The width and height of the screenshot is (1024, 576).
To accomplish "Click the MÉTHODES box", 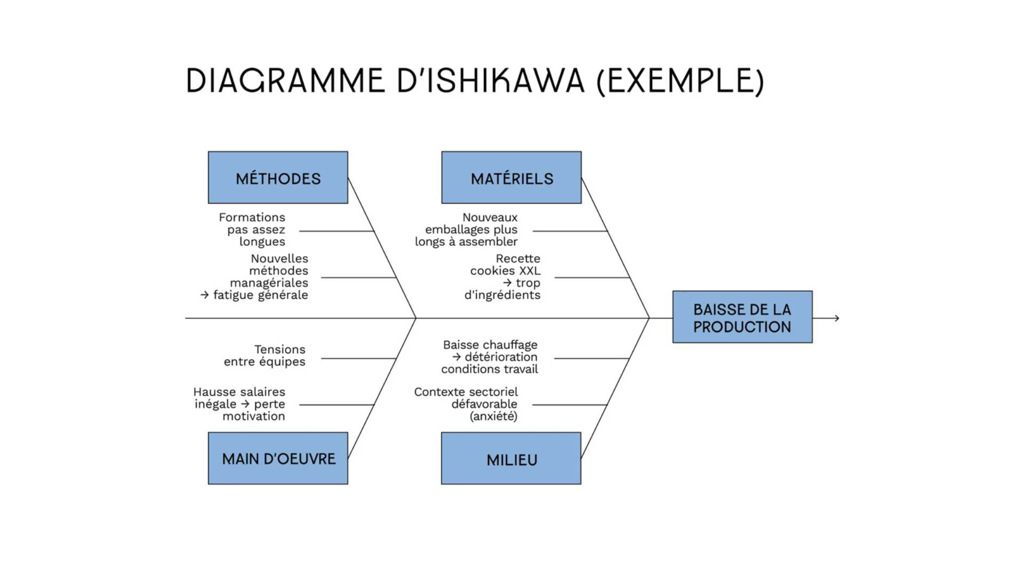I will [278, 178].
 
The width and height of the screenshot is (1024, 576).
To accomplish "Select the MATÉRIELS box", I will [511, 178].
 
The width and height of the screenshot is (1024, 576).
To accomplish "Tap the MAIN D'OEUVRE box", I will [278, 458].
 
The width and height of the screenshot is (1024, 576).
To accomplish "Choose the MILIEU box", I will [511, 458].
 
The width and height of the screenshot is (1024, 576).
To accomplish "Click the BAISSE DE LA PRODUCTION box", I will [742, 317].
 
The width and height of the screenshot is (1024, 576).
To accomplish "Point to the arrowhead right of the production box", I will [837, 318].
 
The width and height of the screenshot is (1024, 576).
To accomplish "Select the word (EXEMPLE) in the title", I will [680, 82].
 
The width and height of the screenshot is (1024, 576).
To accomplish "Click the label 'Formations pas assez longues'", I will [252, 229].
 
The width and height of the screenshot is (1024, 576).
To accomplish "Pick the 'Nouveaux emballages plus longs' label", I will [467, 229].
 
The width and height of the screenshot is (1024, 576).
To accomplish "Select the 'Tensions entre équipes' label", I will [265, 355].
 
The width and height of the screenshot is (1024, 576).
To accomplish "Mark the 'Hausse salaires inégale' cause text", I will [239, 404].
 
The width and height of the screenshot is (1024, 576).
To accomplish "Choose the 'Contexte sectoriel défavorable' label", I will [466, 398].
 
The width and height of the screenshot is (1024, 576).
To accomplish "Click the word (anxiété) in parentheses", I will [493, 416].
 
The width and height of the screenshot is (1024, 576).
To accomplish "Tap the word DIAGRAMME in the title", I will [285, 82].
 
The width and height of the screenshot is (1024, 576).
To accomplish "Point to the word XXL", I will [529, 271].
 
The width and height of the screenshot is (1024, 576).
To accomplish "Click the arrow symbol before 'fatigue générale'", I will [205, 295].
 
